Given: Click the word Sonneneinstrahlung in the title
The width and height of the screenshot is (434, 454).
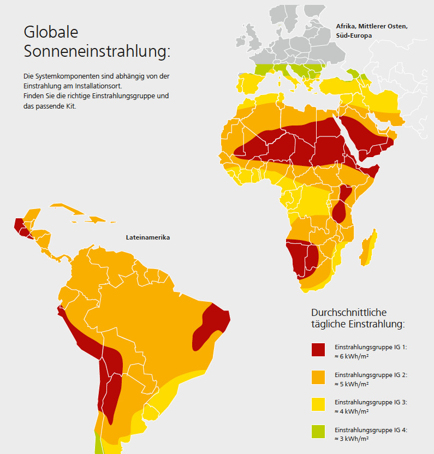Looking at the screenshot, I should click(96, 52).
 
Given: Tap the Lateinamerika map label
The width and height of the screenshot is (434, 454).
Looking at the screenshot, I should click(148, 238).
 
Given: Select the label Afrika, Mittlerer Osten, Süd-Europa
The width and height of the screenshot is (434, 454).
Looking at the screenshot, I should click(371, 30).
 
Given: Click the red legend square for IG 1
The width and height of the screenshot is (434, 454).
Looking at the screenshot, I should click(318, 350).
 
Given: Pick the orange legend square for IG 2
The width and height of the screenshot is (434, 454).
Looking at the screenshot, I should click(318, 377).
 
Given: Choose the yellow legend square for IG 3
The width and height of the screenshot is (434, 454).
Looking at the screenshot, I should click(318, 404).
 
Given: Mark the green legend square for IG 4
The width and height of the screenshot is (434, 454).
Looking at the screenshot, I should click(318, 432).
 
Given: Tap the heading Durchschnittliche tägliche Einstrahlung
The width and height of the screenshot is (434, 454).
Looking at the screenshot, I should click(358, 318).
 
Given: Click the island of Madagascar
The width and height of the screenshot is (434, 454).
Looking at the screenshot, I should click(368, 246).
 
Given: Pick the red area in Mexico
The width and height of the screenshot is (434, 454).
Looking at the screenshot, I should click(20, 225).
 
